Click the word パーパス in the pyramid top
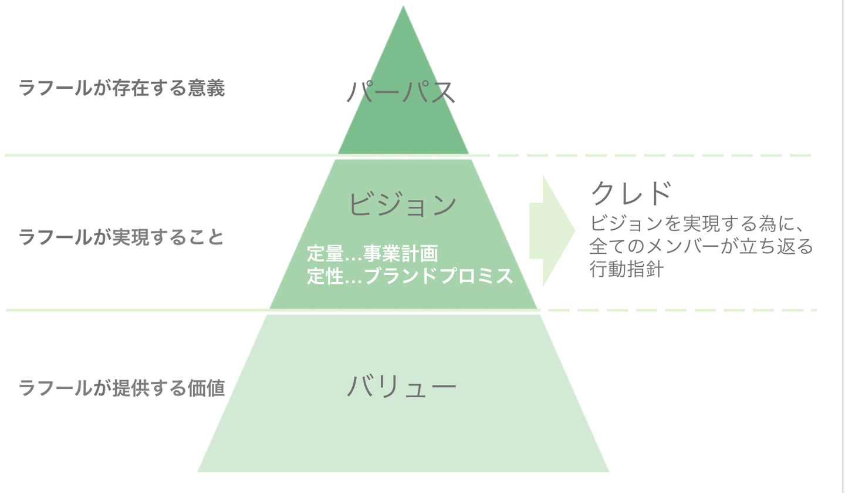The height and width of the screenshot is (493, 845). click(x=402, y=92)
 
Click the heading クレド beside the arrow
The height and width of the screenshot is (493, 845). click(x=630, y=192)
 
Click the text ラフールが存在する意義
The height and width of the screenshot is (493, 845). click(x=121, y=89)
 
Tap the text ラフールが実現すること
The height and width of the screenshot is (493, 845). click(x=121, y=237)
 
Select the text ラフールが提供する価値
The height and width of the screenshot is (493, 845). click(x=121, y=388)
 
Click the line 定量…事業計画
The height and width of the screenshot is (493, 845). click(x=373, y=254)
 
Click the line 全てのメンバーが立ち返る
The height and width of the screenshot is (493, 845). click(x=702, y=247)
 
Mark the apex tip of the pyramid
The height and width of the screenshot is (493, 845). click(x=403, y=8)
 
